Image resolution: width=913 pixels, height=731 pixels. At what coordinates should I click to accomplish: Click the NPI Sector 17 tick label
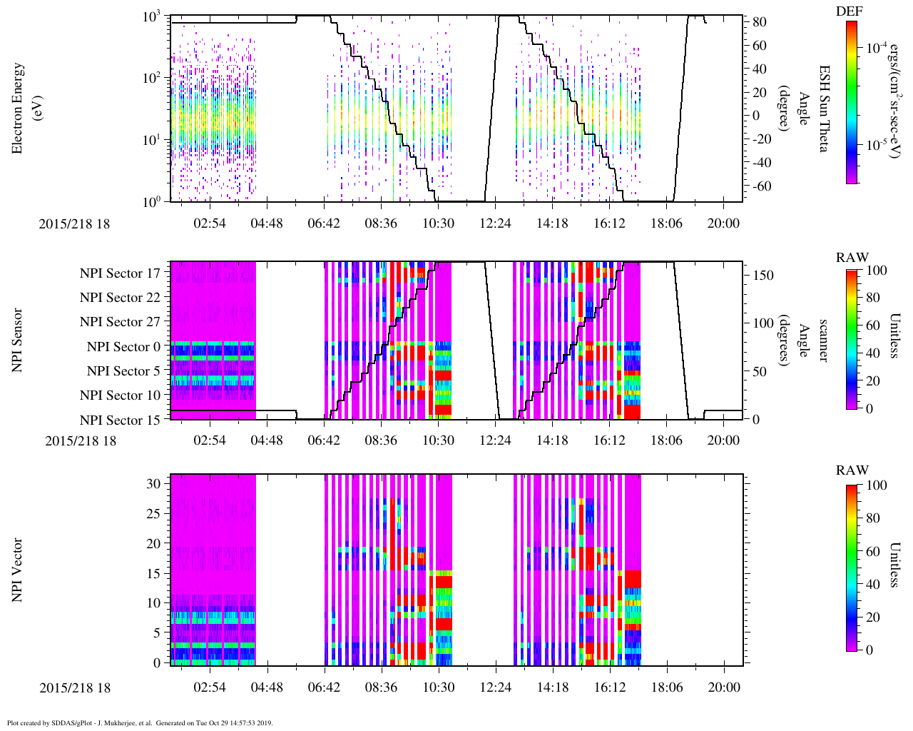[120, 273]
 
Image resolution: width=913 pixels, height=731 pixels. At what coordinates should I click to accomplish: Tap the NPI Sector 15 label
[120, 420]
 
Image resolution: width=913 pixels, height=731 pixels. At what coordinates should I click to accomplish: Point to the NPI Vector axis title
[17, 570]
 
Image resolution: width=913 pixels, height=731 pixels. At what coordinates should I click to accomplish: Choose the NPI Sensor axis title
[17, 340]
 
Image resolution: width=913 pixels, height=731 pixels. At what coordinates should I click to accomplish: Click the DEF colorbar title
[849, 11]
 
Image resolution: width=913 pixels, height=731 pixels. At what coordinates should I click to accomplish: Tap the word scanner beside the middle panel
[824, 340]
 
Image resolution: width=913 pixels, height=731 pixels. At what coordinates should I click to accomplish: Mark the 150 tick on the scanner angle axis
[764, 275]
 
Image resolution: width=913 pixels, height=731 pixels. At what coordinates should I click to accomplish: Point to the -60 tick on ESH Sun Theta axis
[759, 186]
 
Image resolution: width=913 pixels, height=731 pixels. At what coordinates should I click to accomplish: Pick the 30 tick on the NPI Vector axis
[153, 483]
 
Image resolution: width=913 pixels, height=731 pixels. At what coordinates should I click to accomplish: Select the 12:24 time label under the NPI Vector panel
[495, 687]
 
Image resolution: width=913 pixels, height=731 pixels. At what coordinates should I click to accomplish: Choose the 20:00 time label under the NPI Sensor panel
[723, 440]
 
